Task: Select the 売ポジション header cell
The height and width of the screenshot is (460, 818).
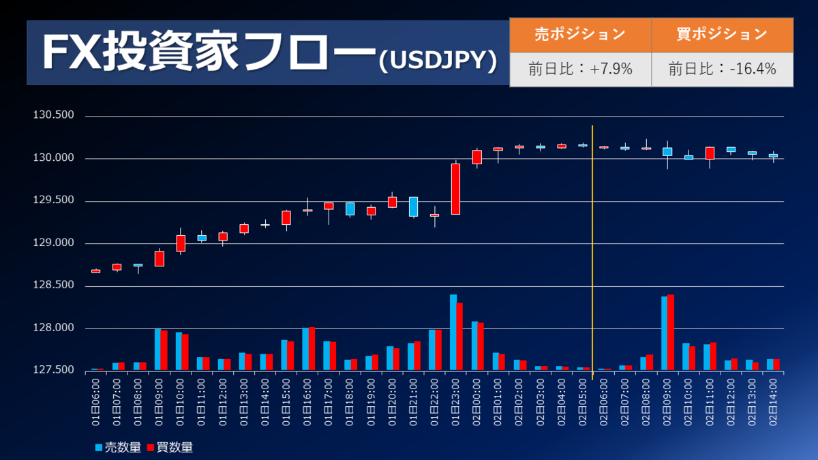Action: [579, 34]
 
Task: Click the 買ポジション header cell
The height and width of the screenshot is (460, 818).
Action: [722, 34]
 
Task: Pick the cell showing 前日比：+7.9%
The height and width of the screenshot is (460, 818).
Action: [579, 69]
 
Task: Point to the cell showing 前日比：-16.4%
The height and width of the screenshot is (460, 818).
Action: [722, 69]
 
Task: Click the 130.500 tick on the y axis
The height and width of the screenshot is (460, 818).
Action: [53, 116]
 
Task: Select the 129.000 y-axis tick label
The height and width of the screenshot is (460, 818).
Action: [53, 244]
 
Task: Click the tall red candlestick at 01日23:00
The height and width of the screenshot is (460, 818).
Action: [455, 189]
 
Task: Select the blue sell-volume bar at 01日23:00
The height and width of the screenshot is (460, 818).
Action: [453, 333]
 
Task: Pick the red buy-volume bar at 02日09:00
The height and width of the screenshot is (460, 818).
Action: [671, 333]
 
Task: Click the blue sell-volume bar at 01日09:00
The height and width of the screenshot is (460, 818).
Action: [157, 350]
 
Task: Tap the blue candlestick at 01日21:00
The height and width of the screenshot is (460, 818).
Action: [413, 206]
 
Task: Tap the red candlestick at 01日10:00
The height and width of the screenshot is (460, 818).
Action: [181, 243]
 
